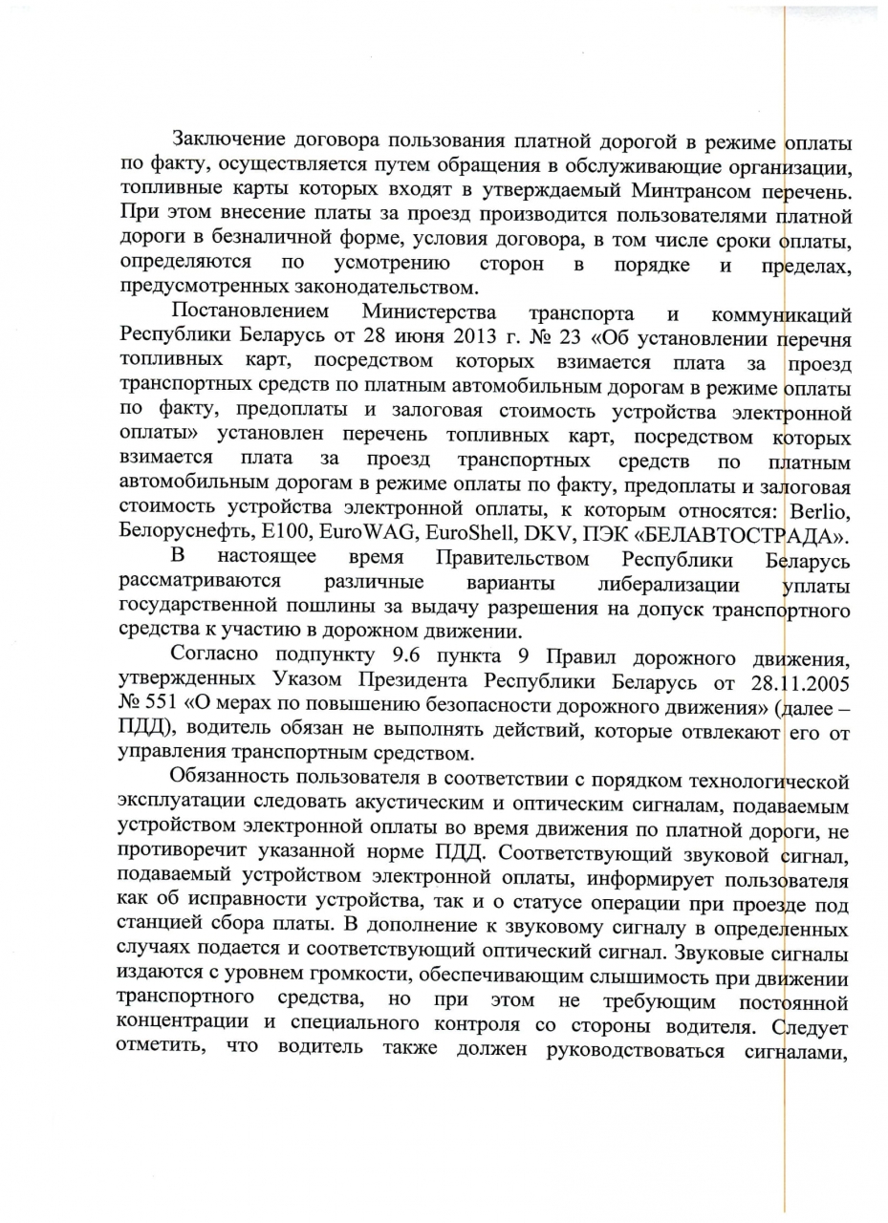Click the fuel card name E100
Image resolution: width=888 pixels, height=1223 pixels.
pos(289,534)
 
